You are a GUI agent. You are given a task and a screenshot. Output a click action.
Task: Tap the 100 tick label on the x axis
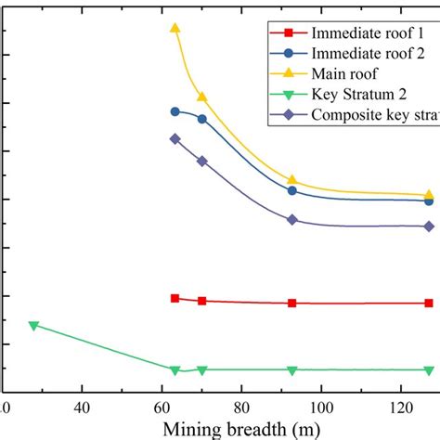pos(321,408)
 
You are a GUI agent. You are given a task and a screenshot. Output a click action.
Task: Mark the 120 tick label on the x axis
pos(401,408)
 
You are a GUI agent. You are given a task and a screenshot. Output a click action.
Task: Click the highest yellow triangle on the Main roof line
pos(175,28)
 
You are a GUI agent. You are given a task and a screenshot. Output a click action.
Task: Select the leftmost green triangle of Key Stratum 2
pos(33,325)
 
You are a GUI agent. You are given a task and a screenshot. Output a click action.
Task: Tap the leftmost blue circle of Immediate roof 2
pos(175,111)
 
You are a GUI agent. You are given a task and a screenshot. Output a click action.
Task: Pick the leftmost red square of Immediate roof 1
pos(175,298)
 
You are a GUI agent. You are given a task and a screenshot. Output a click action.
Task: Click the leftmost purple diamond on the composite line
pos(175,138)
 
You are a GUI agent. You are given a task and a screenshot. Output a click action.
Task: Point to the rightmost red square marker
pos(429,303)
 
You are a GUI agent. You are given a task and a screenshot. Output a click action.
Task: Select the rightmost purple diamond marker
pos(429,226)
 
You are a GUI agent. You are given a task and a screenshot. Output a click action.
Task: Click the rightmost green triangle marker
pos(429,369)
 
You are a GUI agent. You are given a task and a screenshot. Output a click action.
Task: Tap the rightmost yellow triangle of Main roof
pos(429,195)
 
